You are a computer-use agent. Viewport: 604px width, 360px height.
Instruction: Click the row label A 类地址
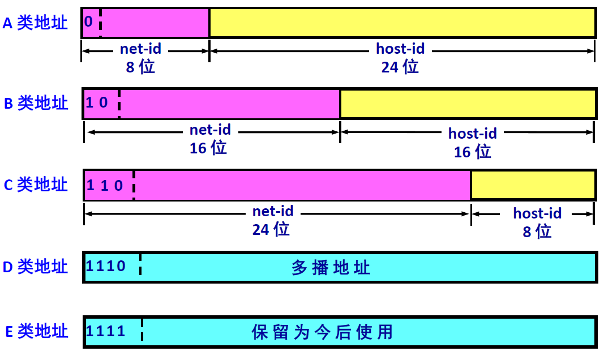coord(35,23)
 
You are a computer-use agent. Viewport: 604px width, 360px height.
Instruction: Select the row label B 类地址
coord(36,103)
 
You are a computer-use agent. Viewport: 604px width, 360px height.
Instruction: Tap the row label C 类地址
coord(36,185)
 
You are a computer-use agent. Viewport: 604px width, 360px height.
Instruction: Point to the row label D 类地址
coord(36,266)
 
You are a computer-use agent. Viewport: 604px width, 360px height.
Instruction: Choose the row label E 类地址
coord(36,331)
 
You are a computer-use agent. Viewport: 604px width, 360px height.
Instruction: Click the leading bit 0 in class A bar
coord(88,22)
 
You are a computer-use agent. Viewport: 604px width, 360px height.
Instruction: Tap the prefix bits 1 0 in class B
coord(97,102)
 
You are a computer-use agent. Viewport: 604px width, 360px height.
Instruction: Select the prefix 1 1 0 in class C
coord(105,185)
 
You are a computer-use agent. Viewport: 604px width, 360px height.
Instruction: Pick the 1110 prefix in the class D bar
coord(106,265)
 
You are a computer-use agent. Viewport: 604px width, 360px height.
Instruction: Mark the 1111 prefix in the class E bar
coord(106,331)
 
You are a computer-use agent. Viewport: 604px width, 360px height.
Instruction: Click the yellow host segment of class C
coord(533,185)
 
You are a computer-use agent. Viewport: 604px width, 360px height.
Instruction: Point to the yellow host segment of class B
coord(468,104)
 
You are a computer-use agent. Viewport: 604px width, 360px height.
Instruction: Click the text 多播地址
coord(331,267)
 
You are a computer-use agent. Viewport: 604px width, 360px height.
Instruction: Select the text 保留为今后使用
coord(322,331)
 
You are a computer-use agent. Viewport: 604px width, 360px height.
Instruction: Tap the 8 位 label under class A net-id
coord(140,67)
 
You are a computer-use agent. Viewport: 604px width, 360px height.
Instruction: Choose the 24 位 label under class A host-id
coord(400,67)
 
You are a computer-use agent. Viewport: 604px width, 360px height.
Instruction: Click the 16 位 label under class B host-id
coord(473,151)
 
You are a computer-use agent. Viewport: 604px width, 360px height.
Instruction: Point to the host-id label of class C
coord(537,213)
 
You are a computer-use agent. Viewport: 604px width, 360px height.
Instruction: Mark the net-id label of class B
coord(211,130)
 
